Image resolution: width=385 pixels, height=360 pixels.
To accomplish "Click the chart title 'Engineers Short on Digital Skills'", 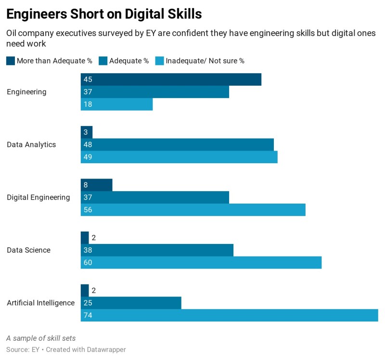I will point(104,14).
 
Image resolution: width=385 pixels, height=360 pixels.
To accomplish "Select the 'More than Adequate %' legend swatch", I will point(10,61).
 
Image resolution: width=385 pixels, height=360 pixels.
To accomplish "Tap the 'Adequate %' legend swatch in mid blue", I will point(103,61).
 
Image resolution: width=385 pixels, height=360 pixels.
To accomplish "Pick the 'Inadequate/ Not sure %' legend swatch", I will point(159,61).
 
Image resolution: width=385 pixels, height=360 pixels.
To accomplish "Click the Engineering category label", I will point(26,92).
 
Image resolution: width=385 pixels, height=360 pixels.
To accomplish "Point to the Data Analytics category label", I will point(31,144).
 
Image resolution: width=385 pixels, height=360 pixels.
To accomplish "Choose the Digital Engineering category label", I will point(38,197).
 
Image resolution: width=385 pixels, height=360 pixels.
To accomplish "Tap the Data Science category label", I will point(28,250).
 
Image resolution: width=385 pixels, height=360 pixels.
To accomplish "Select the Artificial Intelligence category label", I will point(40,303).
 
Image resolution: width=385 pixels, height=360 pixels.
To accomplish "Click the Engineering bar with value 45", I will point(171,79).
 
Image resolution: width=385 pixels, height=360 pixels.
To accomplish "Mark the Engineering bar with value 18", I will point(116,104).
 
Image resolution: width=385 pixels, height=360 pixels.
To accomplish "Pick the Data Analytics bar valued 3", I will point(87,132).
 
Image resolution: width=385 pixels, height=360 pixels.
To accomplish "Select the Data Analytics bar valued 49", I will point(179,157).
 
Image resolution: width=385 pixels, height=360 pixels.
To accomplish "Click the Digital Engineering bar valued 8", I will point(96,185).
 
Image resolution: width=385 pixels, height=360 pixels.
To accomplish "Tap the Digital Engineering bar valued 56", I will point(193,210).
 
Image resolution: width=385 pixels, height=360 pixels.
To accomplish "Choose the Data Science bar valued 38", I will point(157,250).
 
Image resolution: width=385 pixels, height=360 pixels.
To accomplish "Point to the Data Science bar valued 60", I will point(201,262).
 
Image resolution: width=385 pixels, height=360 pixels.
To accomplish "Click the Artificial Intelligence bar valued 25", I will point(131,303).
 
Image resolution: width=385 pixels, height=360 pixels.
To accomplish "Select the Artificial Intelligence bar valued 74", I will point(229,315).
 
